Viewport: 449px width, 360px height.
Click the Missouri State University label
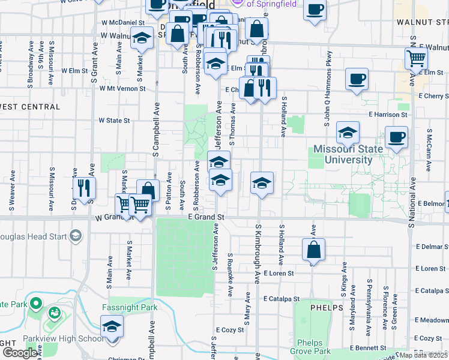tap(348, 154)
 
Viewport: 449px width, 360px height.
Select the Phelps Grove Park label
tap(313, 347)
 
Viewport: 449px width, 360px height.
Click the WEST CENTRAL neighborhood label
tap(30, 107)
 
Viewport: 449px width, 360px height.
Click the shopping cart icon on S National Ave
tap(415, 59)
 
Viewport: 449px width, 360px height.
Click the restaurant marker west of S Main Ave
tap(84, 188)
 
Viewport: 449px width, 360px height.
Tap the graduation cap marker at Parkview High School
tap(111, 328)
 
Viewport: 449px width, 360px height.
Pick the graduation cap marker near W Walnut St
tap(141, 39)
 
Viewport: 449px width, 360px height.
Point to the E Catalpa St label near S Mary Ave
tap(281, 298)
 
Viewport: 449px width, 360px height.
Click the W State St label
tap(114, 121)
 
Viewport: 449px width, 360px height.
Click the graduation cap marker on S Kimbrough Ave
tap(262, 183)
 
